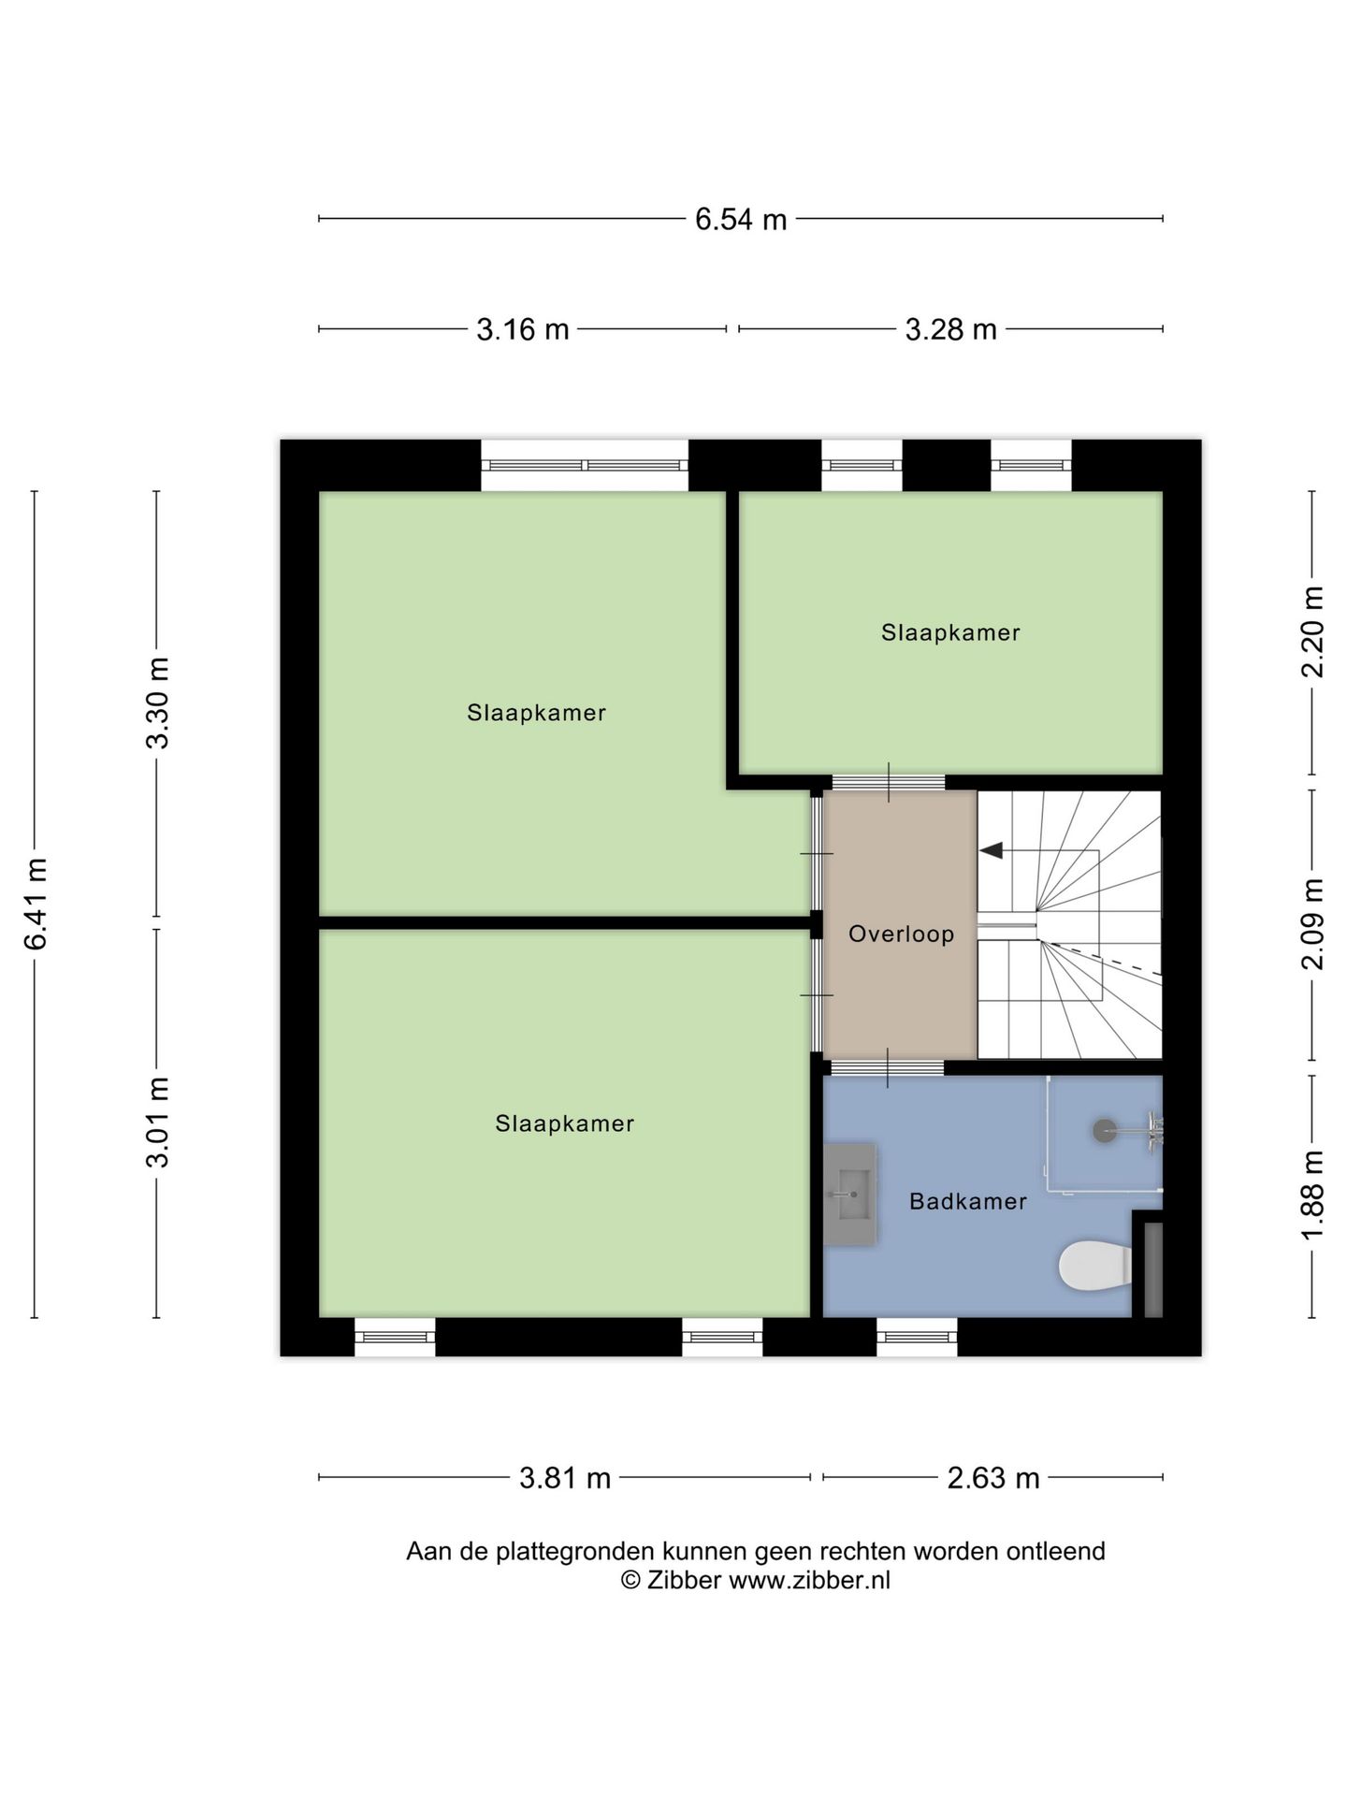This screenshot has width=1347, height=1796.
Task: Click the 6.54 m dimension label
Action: [x=740, y=220]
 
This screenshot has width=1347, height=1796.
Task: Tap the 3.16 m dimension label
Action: [x=523, y=329]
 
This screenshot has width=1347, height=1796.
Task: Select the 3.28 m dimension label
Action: [x=950, y=329]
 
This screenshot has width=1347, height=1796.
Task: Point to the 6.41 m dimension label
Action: [x=36, y=904]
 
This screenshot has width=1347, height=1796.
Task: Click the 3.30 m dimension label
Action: [x=157, y=702]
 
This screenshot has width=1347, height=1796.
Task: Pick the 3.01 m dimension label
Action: [x=157, y=1122]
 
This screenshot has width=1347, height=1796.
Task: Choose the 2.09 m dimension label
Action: [x=1313, y=924]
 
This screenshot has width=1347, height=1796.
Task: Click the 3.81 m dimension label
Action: [x=565, y=1478]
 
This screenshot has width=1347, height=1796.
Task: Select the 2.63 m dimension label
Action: [x=993, y=1478]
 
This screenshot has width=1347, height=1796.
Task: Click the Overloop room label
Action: [x=901, y=934]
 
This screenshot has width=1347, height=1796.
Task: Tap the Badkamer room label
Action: [x=968, y=1201]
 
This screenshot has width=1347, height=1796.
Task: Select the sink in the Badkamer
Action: [x=850, y=1195]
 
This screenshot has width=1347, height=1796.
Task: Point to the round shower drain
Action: [x=1104, y=1130]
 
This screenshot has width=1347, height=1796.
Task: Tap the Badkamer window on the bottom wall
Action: [x=917, y=1336]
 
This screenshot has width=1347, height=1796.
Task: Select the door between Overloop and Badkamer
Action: [x=888, y=1067]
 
